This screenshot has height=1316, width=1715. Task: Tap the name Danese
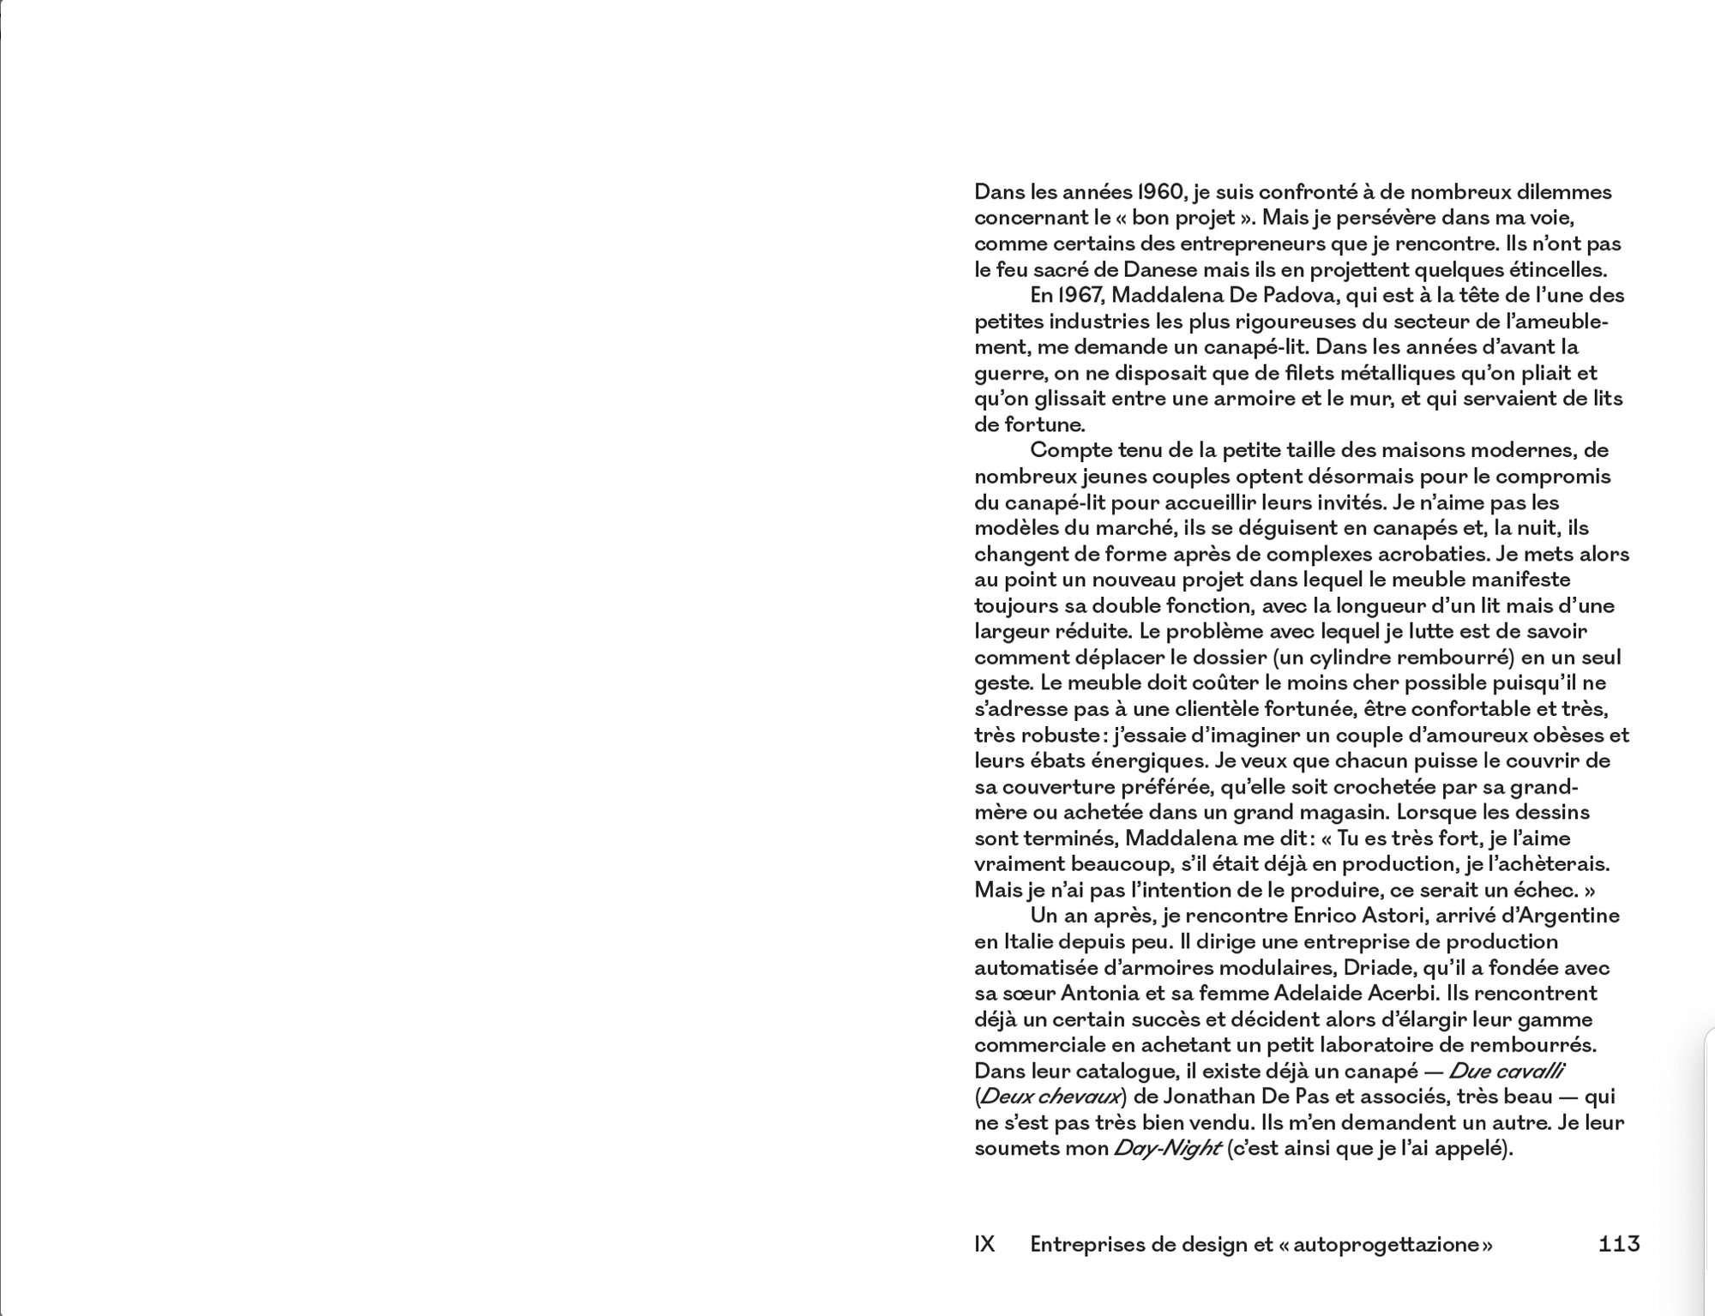tap(1159, 270)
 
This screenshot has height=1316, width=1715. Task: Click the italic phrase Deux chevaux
tap(1050, 1097)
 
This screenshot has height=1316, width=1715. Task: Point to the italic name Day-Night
tap(1166, 1149)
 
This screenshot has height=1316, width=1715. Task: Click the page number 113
tap(1619, 1244)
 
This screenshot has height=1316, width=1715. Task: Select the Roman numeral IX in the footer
tap(984, 1244)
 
